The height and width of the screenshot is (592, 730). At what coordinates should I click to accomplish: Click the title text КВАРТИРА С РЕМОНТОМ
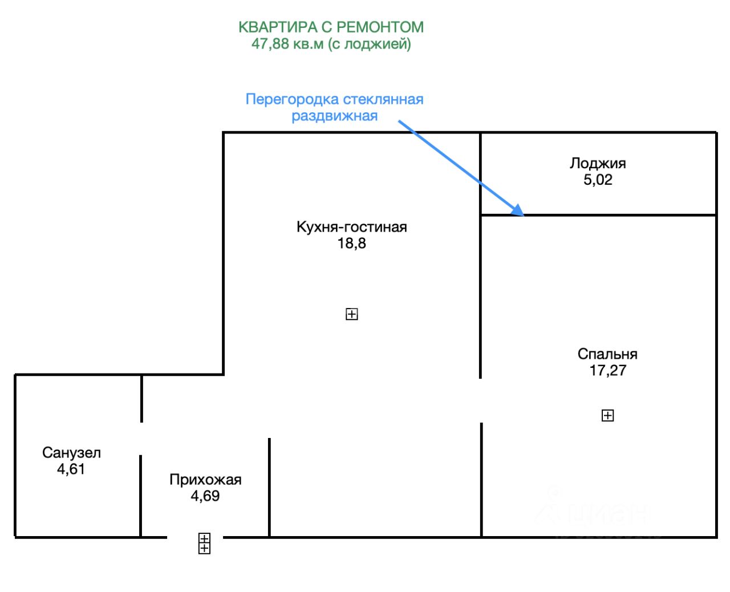(x=331, y=27)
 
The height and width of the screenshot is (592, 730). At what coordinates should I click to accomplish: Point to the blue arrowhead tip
(x=522, y=215)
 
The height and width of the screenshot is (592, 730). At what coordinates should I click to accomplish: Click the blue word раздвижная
(x=335, y=116)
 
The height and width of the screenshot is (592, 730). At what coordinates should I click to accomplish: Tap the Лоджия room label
(x=598, y=163)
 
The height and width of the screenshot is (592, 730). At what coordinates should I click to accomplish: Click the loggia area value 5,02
(x=598, y=180)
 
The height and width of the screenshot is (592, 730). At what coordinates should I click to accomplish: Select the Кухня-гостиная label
(x=351, y=227)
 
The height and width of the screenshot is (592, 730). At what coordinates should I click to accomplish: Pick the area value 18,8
(x=351, y=244)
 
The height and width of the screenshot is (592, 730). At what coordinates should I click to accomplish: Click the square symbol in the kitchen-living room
(x=352, y=314)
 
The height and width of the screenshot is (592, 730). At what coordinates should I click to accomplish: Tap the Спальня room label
(x=607, y=354)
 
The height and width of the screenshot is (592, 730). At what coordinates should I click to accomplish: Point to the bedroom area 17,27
(x=607, y=371)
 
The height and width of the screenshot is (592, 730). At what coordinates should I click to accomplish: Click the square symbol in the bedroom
(x=608, y=416)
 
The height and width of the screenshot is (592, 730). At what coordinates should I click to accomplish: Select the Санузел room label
(x=71, y=453)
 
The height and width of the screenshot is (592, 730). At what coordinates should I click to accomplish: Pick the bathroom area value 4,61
(x=71, y=469)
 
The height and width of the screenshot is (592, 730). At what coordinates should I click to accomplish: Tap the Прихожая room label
(x=205, y=480)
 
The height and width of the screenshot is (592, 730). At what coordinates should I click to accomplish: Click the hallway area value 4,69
(x=205, y=496)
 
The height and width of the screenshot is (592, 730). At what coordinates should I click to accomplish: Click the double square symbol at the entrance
(x=204, y=543)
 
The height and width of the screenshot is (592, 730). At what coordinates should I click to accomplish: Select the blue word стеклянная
(x=382, y=99)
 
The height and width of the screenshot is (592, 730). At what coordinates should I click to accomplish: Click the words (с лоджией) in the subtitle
(x=370, y=43)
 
